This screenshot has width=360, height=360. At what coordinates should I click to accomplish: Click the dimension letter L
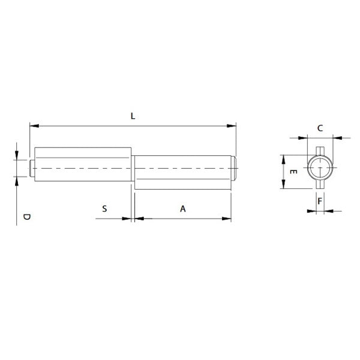(133, 116)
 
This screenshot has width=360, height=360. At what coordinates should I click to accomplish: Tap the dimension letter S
(104, 209)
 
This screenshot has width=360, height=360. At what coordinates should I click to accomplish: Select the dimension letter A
(183, 209)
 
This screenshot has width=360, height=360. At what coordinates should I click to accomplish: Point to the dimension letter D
(26, 217)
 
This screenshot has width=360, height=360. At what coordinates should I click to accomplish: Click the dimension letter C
(320, 128)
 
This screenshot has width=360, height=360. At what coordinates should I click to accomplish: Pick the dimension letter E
(293, 172)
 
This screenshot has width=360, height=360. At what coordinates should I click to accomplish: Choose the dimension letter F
(320, 201)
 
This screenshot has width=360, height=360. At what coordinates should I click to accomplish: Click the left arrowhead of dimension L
(34, 126)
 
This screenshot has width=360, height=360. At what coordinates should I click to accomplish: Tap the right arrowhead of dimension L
(232, 126)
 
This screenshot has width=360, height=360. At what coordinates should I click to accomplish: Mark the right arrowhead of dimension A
(227, 218)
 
